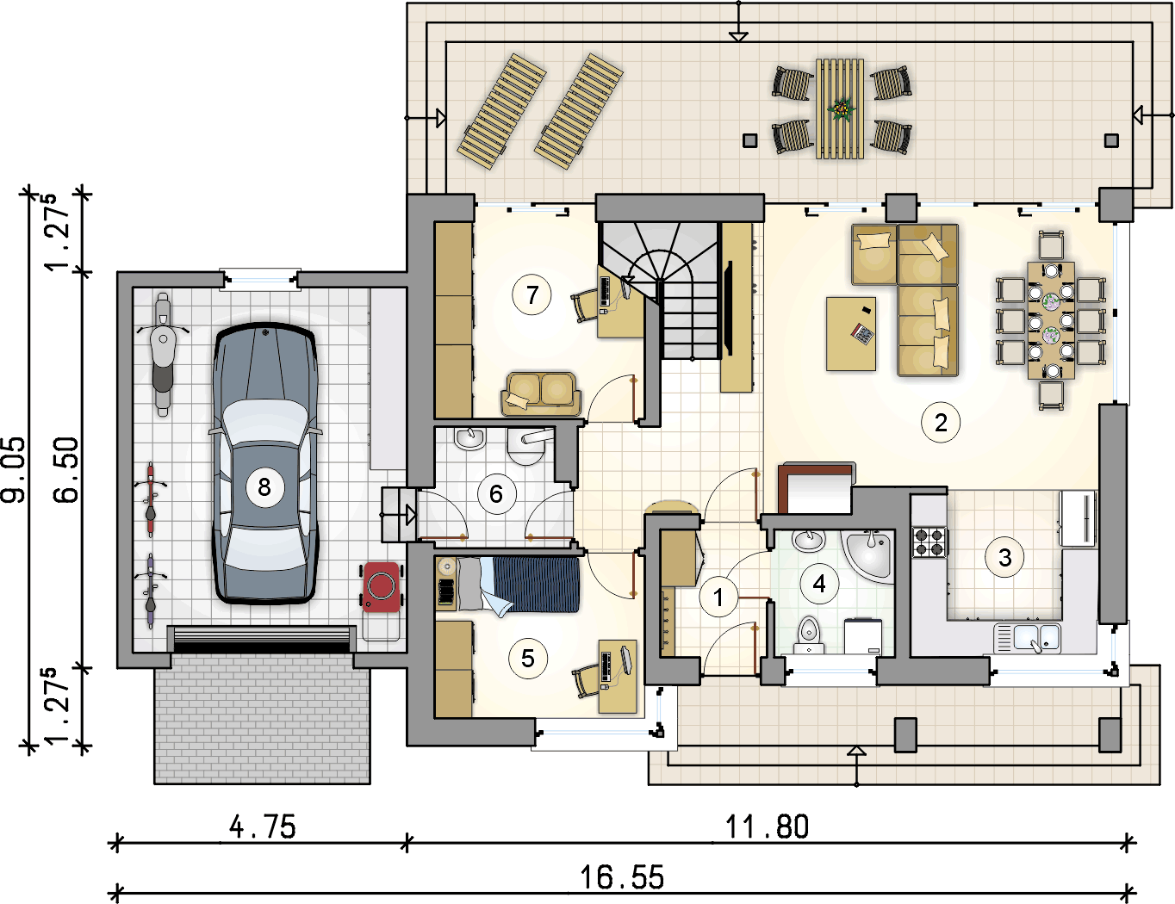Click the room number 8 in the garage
(x=264, y=487)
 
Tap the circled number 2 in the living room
(x=941, y=423)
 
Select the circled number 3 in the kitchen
(x=1004, y=557)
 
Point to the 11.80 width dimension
(x=767, y=827)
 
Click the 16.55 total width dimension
(x=622, y=877)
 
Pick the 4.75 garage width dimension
(x=263, y=827)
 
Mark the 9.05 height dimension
(x=14, y=469)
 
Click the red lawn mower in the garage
(x=382, y=587)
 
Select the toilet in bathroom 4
(x=809, y=635)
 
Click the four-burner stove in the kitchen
(x=929, y=542)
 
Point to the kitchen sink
(x=1026, y=638)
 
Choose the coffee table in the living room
(x=851, y=333)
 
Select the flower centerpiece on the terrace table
(x=842, y=109)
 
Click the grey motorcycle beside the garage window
(x=163, y=354)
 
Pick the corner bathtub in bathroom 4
(x=868, y=555)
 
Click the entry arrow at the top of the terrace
(x=738, y=37)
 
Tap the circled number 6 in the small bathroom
(x=496, y=494)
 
